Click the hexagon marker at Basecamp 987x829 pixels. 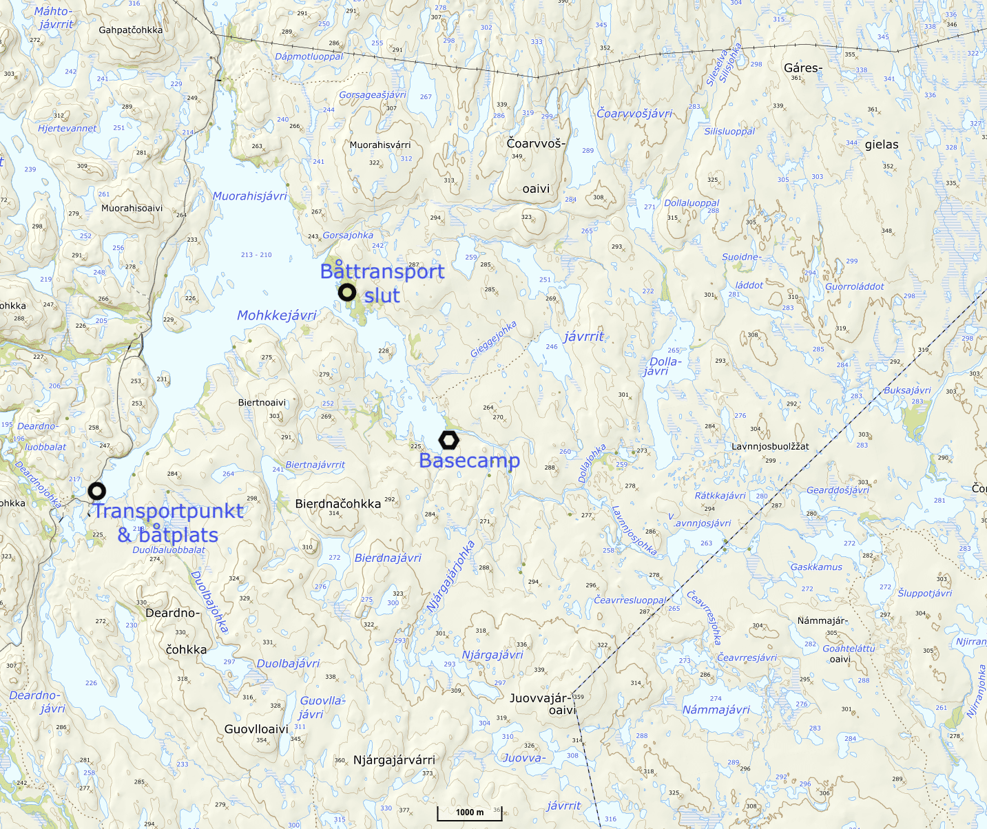click(448, 440)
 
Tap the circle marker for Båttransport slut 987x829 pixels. click(347, 293)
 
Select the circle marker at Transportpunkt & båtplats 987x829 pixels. click(97, 491)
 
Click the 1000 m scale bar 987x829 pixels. click(470, 812)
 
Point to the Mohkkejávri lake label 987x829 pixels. click(276, 315)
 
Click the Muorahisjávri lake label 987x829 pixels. click(249, 196)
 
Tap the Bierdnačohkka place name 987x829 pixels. click(337, 504)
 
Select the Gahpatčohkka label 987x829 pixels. click(131, 30)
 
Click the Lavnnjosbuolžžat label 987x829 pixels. click(770, 446)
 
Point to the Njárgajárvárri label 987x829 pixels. click(394, 760)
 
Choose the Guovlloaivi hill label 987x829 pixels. click(256, 729)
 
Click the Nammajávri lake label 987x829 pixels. click(716, 710)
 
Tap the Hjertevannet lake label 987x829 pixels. click(67, 128)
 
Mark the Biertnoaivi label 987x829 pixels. click(262, 403)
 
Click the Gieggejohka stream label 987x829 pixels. click(493, 339)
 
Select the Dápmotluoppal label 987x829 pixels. click(309, 56)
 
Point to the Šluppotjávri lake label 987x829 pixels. click(924, 593)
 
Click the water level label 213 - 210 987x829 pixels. click(256, 255)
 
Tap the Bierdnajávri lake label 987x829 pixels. click(388, 558)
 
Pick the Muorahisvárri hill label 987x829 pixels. click(380, 145)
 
